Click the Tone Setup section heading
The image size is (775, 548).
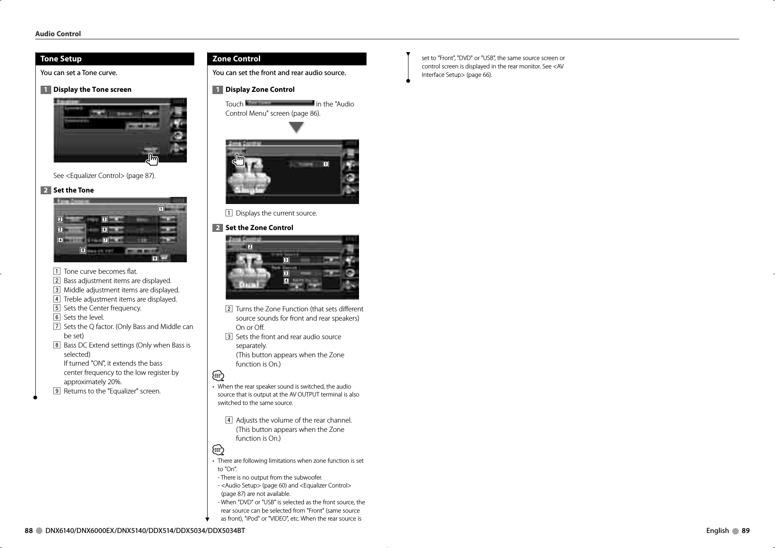pyautogui.click(x=61, y=59)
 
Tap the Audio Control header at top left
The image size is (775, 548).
pyautogui.click(x=58, y=34)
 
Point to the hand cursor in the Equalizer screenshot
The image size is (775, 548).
pyautogui.click(x=152, y=159)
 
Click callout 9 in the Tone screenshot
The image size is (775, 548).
pyautogui.click(x=155, y=258)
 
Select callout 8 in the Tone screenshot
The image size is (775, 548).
pyautogui.click(x=83, y=250)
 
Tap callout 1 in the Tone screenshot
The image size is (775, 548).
pyautogui.click(x=161, y=209)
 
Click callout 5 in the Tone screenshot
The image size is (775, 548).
pyautogui.click(x=104, y=219)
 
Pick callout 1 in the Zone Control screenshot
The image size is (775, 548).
pyautogui.click(x=325, y=164)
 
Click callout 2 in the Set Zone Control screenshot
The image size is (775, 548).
pyautogui.click(x=250, y=246)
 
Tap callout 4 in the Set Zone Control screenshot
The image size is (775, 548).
pyautogui.click(x=286, y=281)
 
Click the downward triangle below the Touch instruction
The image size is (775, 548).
pyautogui.click(x=296, y=128)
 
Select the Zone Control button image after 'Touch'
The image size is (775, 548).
pyautogui.click(x=280, y=103)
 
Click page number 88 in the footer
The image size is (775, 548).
pyautogui.click(x=29, y=531)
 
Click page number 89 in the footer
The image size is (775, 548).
pyautogui.click(x=745, y=531)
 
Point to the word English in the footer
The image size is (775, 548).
pyautogui.click(x=717, y=531)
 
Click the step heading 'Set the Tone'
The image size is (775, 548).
pyautogui.click(x=73, y=190)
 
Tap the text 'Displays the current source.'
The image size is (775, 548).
pyautogui.click(x=276, y=213)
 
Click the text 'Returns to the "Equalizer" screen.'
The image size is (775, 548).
pyautogui.click(x=112, y=391)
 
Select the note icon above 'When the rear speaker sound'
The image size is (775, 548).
pyautogui.click(x=218, y=376)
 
